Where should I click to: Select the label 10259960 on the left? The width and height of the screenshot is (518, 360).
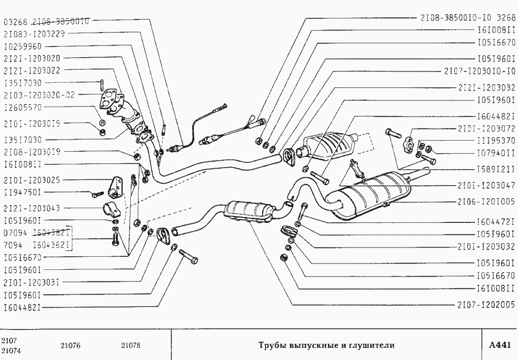coord(23,47)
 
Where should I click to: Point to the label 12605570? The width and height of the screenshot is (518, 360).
coord(23,107)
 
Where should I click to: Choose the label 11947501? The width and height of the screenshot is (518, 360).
coord(23,192)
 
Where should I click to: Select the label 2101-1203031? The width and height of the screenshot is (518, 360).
coord(31,282)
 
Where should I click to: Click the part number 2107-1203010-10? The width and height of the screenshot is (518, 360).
coord(479,71)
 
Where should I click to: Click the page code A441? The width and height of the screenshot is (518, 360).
coord(500,345)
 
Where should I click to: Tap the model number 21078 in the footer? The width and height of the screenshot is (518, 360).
coord(130,346)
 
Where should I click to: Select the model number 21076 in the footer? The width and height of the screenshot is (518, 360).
coord(70,346)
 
